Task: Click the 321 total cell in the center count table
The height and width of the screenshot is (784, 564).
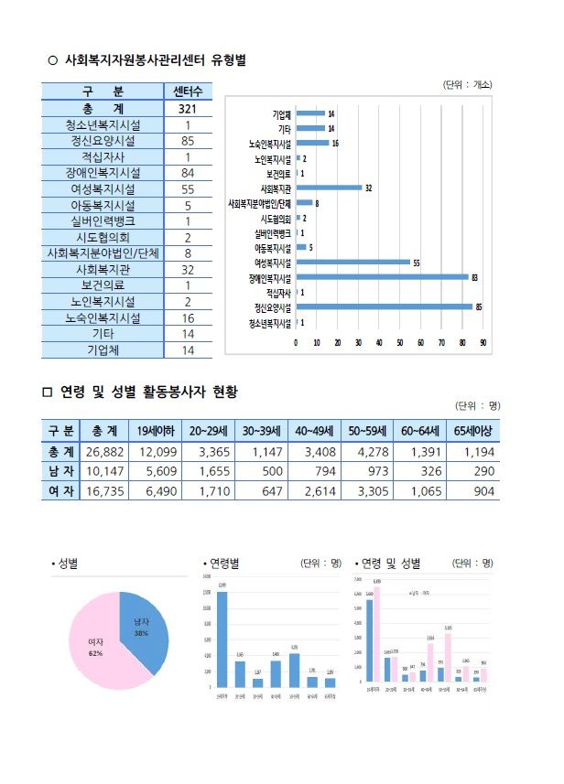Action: coord(187,108)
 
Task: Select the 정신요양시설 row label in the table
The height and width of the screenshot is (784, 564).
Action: coord(103,141)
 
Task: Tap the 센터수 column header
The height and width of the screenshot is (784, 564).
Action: coord(187,91)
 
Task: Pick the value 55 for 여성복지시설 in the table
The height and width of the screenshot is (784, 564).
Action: coord(187,188)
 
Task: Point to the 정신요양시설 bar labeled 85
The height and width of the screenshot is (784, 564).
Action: coord(384,307)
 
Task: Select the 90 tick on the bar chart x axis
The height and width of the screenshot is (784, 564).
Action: coord(483,342)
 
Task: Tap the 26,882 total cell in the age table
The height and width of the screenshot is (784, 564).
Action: coord(104,452)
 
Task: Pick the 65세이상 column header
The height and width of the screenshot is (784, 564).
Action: coord(472,431)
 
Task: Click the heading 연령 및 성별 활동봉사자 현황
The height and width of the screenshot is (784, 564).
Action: coord(148,392)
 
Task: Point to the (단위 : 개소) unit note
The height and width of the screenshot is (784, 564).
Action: coord(468,84)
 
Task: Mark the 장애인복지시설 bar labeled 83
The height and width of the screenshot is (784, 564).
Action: coord(382,277)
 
